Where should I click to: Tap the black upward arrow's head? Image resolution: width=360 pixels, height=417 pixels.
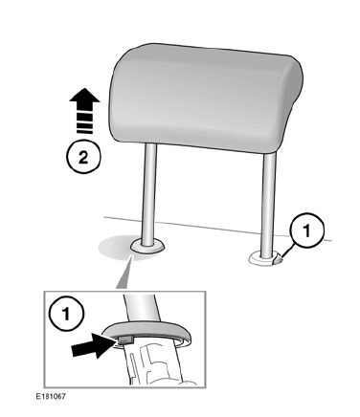click(84, 97)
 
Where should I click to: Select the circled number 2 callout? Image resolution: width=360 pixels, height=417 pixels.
click(83, 158)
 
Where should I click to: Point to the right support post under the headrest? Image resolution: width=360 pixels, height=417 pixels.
click(268, 205)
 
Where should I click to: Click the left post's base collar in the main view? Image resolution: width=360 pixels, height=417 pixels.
click(147, 246)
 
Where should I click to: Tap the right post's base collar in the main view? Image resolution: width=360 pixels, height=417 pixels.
click(265, 258)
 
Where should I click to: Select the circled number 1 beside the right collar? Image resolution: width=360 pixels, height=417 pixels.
click(306, 230)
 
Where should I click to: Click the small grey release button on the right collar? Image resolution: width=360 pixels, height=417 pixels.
click(278, 259)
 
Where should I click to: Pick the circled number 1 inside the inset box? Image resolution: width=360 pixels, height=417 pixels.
click(66, 314)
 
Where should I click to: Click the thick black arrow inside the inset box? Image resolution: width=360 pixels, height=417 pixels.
click(92, 345)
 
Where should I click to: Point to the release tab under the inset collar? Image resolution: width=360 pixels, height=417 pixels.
click(125, 340)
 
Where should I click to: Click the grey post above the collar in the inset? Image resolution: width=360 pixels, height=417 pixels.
click(141, 308)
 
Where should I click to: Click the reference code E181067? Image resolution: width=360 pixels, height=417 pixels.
click(51, 396)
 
